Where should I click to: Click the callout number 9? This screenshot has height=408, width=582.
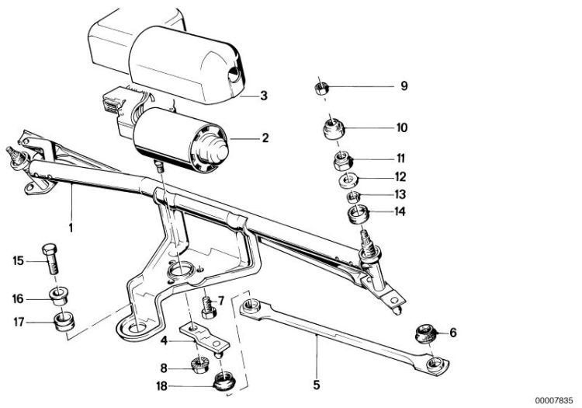(x=404, y=85)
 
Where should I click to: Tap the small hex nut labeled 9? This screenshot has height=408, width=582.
(x=320, y=89)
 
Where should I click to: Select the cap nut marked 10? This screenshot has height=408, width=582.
(x=333, y=127)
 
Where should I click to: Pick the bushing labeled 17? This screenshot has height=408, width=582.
(x=64, y=323)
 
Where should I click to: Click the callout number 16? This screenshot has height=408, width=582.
(x=18, y=299)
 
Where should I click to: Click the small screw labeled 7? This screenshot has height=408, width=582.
(x=208, y=308)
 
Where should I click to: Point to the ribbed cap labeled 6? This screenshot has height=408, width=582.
(x=426, y=333)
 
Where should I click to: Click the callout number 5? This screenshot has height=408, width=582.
(x=317, y=385)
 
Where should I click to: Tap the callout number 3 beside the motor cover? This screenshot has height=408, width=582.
(x=264, y=96)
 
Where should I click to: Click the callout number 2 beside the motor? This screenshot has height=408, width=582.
(x=265, y=138)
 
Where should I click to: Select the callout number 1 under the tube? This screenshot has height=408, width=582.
(x=71, y=227)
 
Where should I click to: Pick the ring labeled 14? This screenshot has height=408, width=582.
(x=359, y=214)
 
